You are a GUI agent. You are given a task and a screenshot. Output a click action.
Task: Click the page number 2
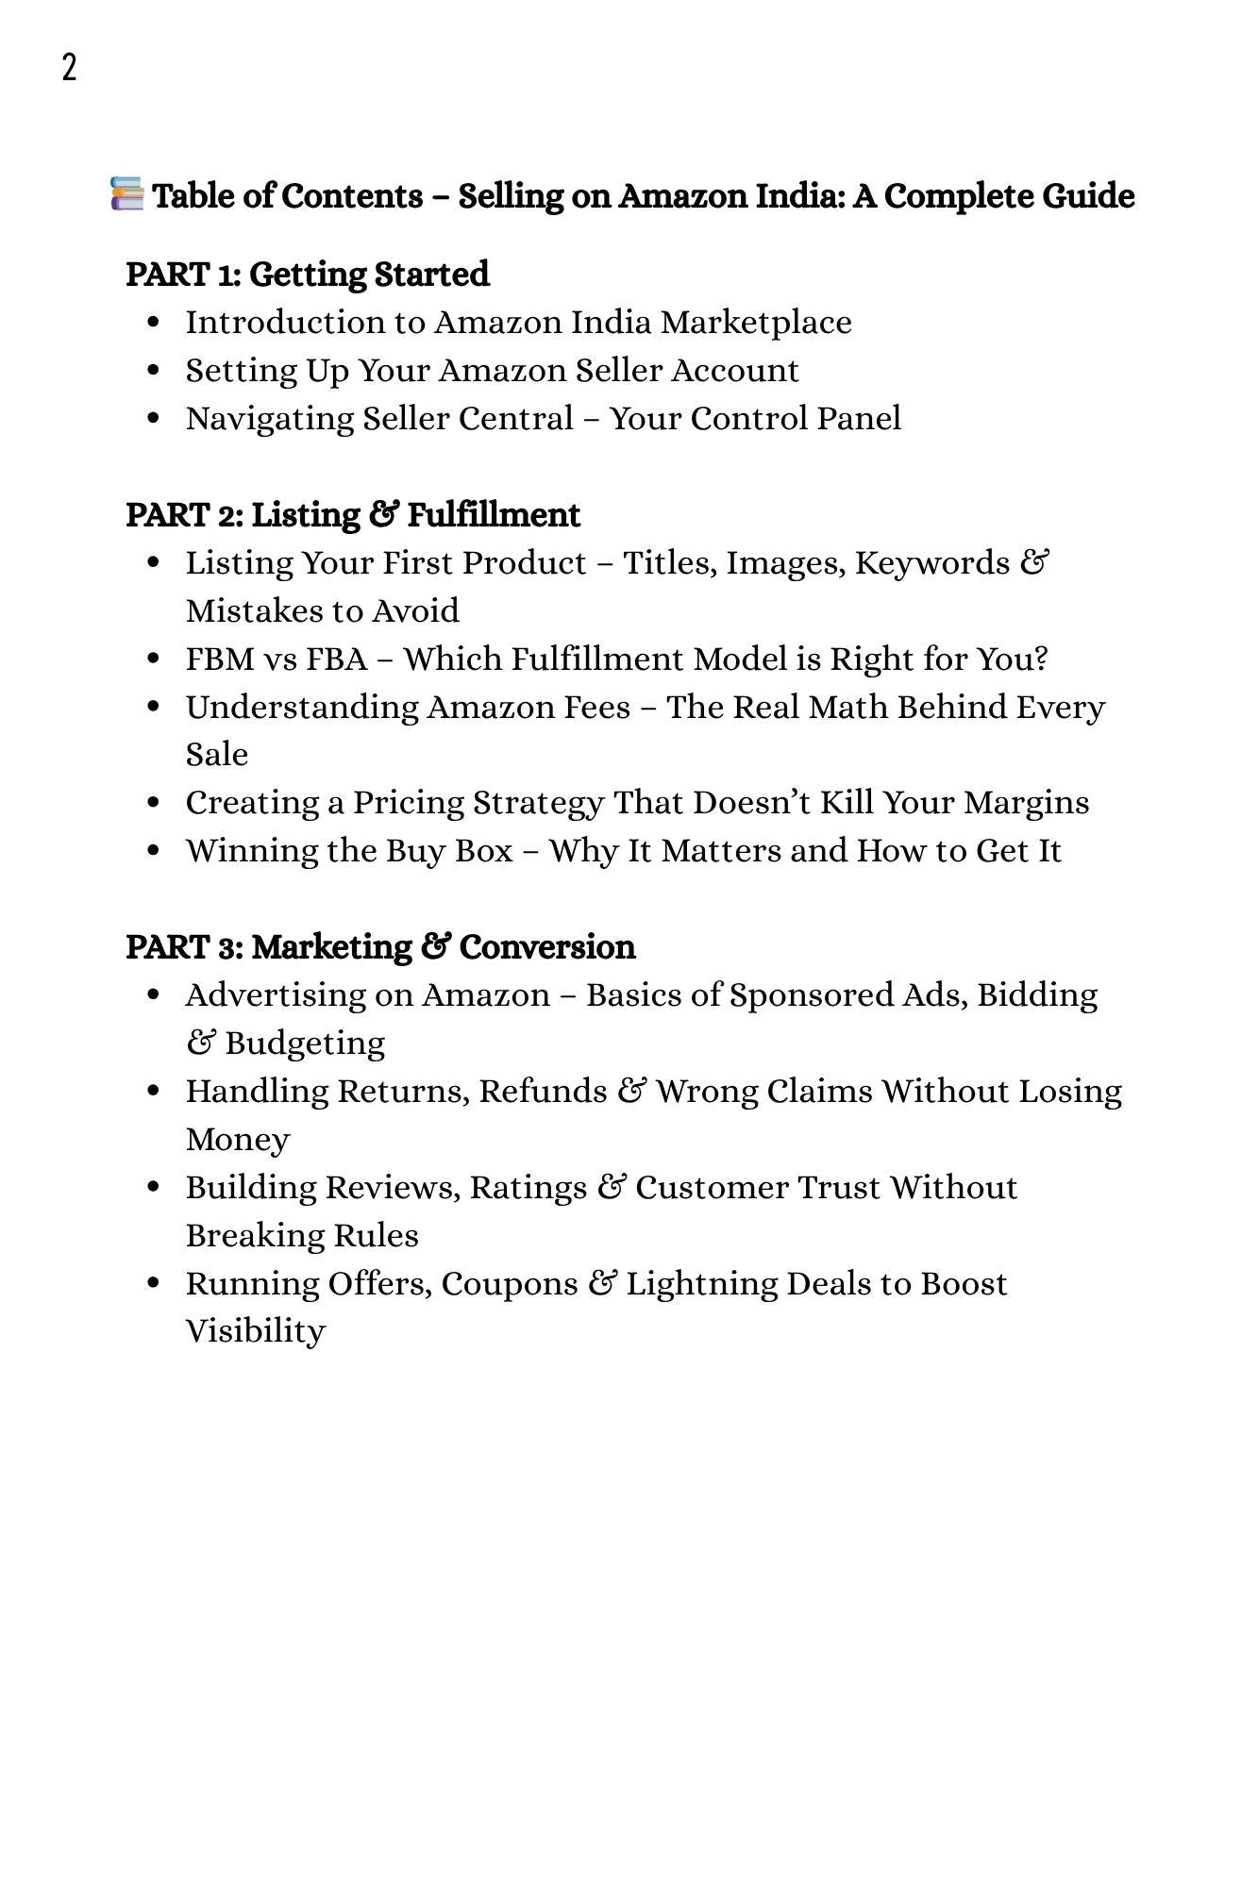pos(69,68)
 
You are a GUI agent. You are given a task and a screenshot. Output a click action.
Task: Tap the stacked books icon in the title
pos(126,193)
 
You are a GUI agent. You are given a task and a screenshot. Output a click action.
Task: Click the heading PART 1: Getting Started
pos(308,275)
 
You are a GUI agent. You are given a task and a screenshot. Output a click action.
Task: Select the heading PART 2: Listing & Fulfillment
pos(353,515)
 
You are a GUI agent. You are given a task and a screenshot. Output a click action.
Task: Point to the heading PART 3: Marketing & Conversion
pos(380,947)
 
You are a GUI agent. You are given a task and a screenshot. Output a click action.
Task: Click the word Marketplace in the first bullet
pos(756,323)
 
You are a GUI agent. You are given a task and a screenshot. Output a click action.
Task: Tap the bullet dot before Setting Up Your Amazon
pos(154,371)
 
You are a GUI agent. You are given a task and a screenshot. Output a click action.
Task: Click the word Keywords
pos(932,563)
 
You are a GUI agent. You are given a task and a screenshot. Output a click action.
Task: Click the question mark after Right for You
pos(1040,659)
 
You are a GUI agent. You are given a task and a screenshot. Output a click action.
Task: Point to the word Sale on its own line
pos(216,755)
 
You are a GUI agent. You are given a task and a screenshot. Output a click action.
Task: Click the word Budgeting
pos(305,1044)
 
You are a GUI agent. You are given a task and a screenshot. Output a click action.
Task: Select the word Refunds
pos(543,1092)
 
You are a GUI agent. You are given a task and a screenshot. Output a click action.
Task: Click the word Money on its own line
pos(237,1140)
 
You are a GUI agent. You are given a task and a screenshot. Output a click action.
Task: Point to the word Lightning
pos(702,1284)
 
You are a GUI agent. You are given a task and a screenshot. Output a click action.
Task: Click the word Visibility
pos(255,1331)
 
